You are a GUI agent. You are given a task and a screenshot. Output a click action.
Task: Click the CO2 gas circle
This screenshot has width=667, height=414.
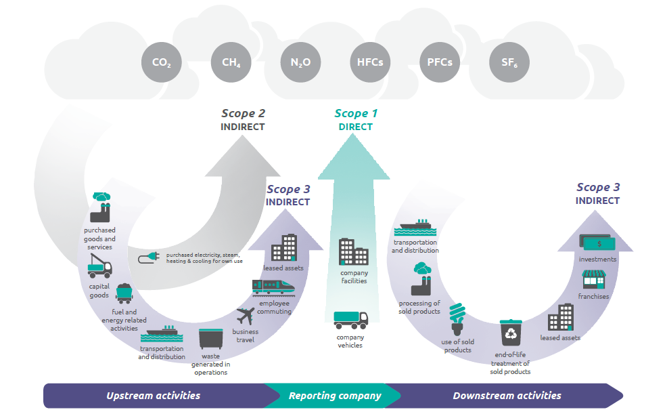pyautogui.click(x=162, y=62)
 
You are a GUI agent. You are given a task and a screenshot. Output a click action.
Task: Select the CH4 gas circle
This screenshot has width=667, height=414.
pyautogui.click(x=231, y=62)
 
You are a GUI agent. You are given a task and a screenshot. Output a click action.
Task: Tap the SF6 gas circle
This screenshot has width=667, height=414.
pyautogui.click(x=509, y=62)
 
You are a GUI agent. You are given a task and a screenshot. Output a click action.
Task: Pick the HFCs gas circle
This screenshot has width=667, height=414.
pyautogui.click(x=370, y=62)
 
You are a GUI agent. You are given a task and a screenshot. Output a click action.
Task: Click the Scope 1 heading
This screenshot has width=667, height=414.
pyautogui.click(x=356, y=113)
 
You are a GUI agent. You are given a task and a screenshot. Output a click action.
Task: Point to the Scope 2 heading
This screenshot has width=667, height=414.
pyautogui.click(x=243, y=113)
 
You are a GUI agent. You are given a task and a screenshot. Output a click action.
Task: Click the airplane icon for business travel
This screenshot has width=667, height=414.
pyautogui.click(x=246, y=316)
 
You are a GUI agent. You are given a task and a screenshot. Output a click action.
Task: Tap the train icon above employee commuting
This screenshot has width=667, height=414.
pyautogui.click(x=273, y=287)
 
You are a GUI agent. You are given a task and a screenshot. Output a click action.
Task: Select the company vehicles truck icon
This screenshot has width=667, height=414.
pyautogui.click(x=351, y=320)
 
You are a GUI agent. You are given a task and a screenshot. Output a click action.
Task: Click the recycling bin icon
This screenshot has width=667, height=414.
pyautogui.click(x=511, y=333)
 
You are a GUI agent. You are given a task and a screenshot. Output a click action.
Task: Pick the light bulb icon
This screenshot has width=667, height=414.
pyautogui.click(x=458, y=318)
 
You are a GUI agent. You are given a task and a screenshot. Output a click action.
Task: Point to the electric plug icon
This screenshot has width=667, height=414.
pyautogui.click(x=149, y=257)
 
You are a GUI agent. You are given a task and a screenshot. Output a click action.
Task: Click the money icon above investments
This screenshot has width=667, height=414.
pyautogui.click(x=597, y=243)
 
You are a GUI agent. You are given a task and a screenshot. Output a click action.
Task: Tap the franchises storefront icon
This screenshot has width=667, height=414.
pyautogui.click(x=594, y=279)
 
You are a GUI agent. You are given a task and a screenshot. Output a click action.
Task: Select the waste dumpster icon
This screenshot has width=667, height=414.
pyautogui.click(x=210, y=339)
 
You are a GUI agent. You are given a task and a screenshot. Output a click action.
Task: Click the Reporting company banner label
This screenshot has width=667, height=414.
pyautogui.click(x=335, y=396)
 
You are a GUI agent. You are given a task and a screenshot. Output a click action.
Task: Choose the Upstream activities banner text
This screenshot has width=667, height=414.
pyautogui.click(x=153, y=396)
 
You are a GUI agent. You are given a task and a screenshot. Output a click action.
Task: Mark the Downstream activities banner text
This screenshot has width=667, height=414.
pyautogui.click(x=507, y=396)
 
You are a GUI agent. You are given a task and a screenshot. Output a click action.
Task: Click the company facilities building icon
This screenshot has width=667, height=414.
pyautogui.click(x=354, y=252)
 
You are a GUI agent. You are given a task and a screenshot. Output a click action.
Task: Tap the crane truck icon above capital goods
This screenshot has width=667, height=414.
pyautogui.click(x=100, y=266)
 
